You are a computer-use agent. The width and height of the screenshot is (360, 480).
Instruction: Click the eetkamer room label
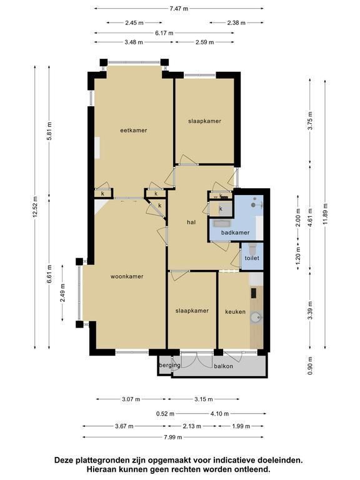[134, 131]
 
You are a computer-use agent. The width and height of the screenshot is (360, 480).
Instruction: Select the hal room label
[191, 222]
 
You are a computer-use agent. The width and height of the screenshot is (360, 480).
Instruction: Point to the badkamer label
[235, 232]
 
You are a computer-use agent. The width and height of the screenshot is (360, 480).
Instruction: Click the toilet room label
[252, 258]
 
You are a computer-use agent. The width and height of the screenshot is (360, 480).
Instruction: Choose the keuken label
[235, 312]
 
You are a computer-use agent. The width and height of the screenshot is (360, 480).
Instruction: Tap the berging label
[169, 365]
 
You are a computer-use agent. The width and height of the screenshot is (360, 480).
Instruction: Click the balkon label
[224, 366]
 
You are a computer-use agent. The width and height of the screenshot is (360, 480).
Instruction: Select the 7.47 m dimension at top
[179, 9]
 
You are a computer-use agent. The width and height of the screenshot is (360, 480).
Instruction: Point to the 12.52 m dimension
[35, 207]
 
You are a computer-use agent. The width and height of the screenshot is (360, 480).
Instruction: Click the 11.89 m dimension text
[325, 214]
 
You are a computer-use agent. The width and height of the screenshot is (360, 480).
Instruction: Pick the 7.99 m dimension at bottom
[173, 437]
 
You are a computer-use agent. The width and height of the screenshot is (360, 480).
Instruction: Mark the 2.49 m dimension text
[62, 292]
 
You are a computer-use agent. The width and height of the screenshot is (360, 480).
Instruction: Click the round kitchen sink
[255, 317]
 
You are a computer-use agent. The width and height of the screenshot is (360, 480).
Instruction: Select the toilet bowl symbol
[253, 249]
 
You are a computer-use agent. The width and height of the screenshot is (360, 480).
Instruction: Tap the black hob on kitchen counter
[254, 293]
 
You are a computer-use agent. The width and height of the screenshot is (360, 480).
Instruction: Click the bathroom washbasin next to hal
[223, 223]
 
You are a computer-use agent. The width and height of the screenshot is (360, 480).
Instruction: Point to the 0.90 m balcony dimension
[311, 366]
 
